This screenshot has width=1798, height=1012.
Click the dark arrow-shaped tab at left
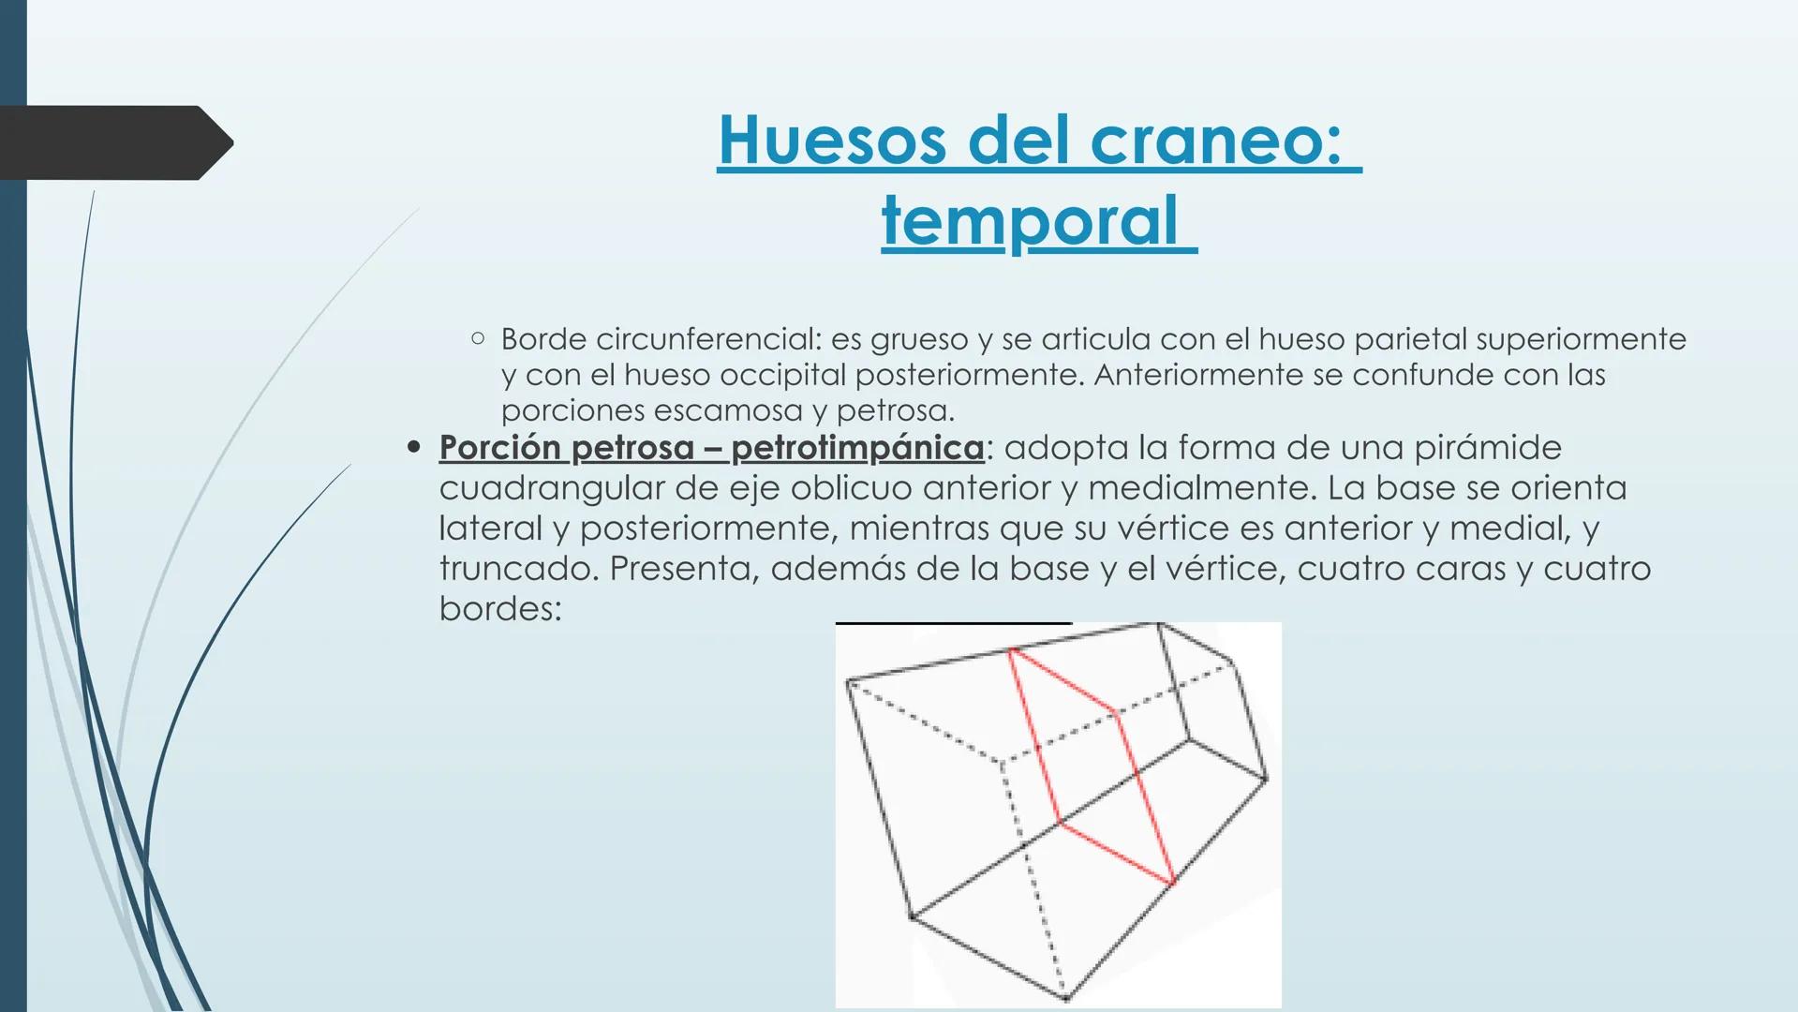112,142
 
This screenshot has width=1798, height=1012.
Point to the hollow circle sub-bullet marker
478,338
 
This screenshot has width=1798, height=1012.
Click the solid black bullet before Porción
413,448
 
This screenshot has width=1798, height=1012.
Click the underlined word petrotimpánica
857,448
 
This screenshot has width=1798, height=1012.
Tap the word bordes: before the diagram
500,609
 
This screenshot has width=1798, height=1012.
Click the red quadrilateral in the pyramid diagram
1092,764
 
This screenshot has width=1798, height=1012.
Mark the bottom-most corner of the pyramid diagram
1066,998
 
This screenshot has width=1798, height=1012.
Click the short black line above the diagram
953,623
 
